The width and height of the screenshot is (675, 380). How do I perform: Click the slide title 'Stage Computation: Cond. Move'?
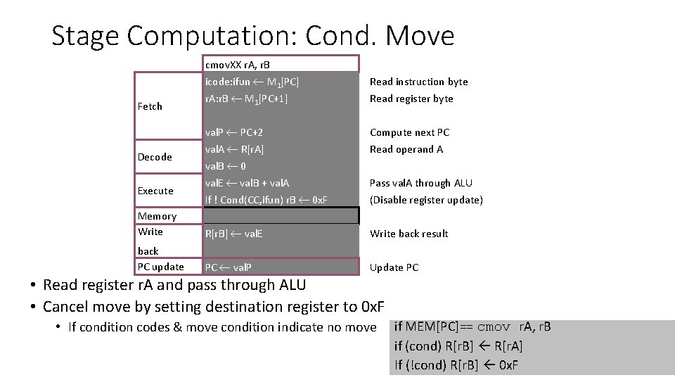253,35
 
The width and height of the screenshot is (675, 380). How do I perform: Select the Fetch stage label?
150,106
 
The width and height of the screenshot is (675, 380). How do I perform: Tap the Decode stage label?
155,157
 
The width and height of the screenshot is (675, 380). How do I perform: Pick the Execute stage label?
155,191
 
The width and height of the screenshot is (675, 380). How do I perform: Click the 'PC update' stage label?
161,267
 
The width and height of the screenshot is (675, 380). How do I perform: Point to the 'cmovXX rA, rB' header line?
242,65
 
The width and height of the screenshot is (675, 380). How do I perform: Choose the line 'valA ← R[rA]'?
234,149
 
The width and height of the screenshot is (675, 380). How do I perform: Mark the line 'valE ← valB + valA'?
247,183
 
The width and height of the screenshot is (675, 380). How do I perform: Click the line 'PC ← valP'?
229,267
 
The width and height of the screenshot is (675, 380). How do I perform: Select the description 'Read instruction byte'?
418,82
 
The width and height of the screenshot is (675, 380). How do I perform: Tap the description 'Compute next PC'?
409,132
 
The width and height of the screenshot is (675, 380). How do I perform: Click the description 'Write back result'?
409,234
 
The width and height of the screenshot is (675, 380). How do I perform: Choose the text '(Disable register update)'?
426,200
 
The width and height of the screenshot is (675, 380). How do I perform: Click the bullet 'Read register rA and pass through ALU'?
174,285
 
